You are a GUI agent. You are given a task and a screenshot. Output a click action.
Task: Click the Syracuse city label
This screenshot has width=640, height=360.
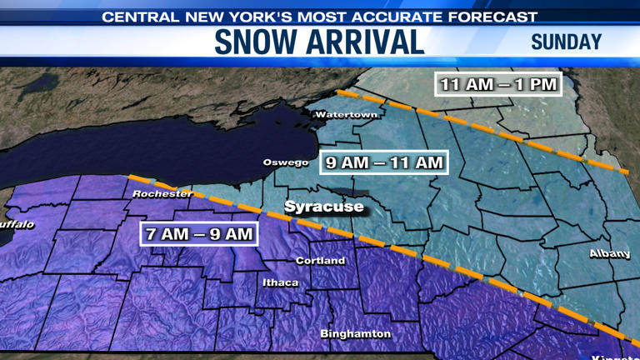pyautogui.click(x=324, y=206)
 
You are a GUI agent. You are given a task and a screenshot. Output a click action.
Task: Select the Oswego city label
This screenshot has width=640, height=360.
pyautogui.click(x=286, y=162)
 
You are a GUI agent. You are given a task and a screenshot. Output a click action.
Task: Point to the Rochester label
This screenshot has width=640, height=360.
pyautogui.click(x=162, y=193)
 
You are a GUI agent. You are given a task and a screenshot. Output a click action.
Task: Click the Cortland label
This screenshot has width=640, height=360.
pyautogui.click(x=320, y=261)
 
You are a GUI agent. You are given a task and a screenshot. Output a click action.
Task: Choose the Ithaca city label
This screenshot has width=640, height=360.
pyautogui.click(x=280, y=282)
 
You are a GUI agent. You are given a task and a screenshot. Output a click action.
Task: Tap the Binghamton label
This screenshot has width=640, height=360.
pyautogui.click(x=356, y=333)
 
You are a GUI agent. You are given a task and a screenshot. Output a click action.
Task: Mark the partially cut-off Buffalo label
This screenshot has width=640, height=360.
pyautogui.click(x=17, y=225)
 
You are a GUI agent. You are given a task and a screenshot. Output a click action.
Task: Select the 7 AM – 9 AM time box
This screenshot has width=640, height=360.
pyautogui.click(x=199, y=234)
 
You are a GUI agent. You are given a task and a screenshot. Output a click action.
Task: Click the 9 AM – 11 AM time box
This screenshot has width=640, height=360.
pyautogui.click(x=384, y=162)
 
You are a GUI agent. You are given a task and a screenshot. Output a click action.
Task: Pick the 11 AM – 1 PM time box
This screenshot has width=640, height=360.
pyautogui.click(x=498, y=84)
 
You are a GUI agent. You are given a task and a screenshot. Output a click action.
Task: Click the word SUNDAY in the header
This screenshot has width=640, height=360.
pyautogui.click(x=566, y=42)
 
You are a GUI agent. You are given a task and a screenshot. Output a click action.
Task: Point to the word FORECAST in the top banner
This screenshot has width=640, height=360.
pyautogui.click(x=496, y=17)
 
